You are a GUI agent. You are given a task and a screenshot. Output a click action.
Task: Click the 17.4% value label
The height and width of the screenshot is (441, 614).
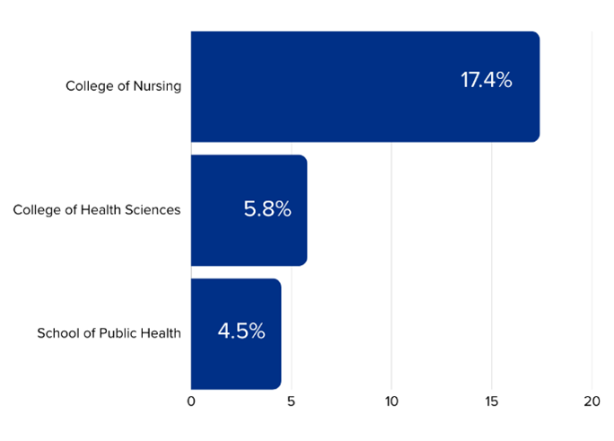pyautogui.click(x=486, y=80)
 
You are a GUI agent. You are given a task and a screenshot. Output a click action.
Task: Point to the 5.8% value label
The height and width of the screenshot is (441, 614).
pyautogui.click(x=268, y=209)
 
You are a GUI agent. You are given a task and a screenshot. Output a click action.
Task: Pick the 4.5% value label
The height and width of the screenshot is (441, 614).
pyautogui.click(x=241, y=331)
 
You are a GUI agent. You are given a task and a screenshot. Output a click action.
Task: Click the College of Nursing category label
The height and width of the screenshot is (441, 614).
pyautogui.click(x=123, y=87)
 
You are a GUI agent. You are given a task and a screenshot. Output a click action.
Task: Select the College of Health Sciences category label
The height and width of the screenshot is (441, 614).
pyautogui.click(x=97, y=210)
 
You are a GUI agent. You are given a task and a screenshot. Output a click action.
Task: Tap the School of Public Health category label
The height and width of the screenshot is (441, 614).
pyautogui.click(x=109, y=333)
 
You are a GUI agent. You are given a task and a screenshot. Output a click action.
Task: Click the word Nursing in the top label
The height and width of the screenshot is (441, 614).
pyautogui.click(x=155, y=87)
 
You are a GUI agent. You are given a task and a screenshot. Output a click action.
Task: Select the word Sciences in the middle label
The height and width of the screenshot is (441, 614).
pyautogui.click(x=152, y=210)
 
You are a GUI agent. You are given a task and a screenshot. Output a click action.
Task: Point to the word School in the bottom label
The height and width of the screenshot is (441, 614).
pyautogui.click(x=57, y=333)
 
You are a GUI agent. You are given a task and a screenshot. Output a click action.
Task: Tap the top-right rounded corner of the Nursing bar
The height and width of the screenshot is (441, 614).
pyautogui.click(x=537, y=35)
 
